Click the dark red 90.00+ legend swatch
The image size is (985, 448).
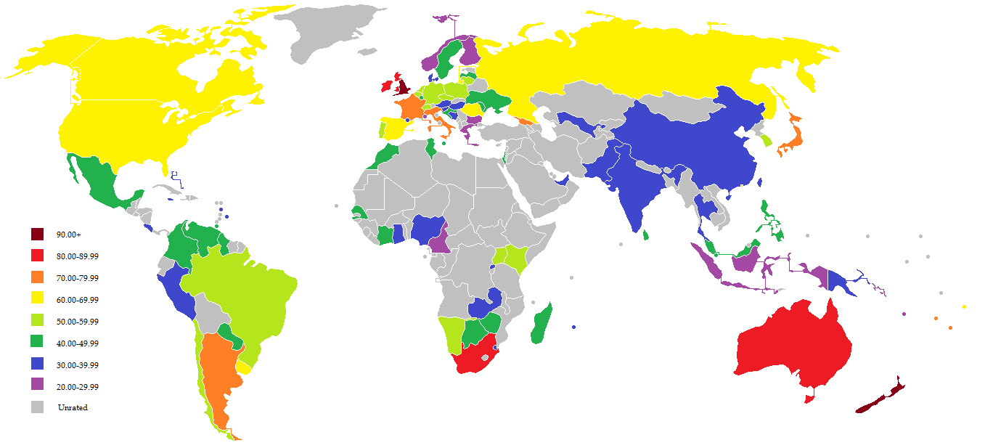[x=38, y=234]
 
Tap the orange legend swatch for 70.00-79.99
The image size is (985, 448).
[x=38, y=277]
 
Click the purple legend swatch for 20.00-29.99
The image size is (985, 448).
[x=38, y=386]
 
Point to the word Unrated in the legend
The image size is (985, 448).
[x=73, y=407]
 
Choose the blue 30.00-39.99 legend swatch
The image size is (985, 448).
[x=38, y=364]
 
